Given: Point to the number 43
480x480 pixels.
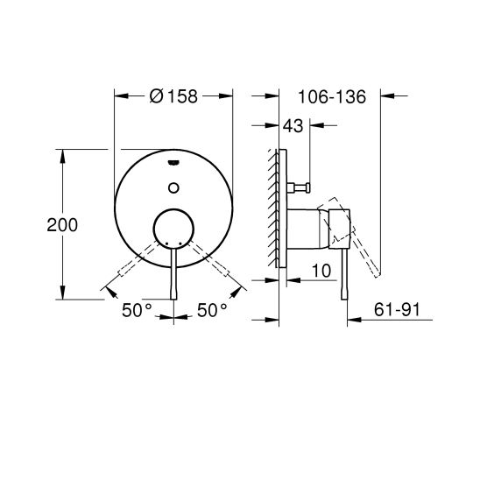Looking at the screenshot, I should (293, 127).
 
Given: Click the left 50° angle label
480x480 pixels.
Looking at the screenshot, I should (137, 309).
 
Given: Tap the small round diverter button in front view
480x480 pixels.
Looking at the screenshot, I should (173, 186).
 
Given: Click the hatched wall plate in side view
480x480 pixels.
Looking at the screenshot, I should (274, 210).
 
